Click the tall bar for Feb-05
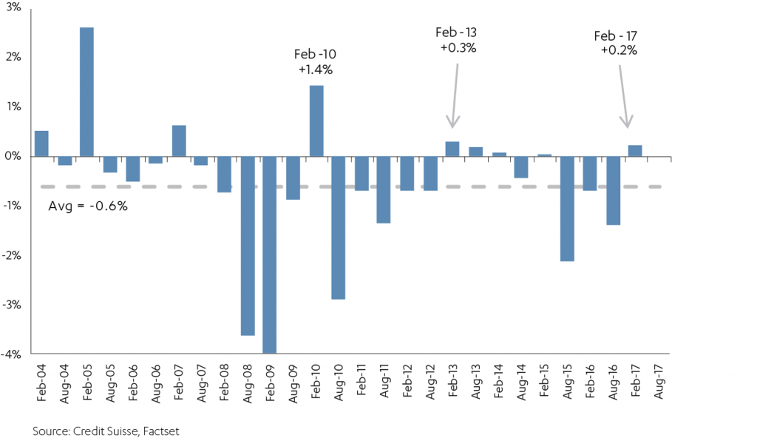tap(87, 92)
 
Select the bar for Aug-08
tap(248, 246)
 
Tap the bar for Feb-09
tap(271, 255)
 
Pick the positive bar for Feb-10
tap(316, 121)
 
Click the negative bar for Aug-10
tap(339, 228)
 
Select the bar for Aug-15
tap(567, 209)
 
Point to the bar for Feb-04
tap(41, 144)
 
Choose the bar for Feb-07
tap(179, 141)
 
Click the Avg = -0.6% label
tap(88, 206)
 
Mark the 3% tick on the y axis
tap(12, 7)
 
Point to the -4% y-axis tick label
tap(10, 354)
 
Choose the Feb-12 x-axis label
tap(407, 382)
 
